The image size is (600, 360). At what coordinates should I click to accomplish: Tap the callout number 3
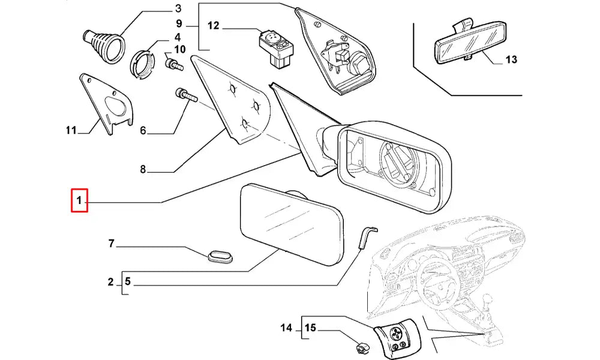(x=178, y=8)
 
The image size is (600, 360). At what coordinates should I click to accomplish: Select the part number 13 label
(x=511, y=60)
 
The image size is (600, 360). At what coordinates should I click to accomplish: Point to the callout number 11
(x=71, y=130)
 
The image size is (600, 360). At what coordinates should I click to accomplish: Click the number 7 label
(x=111, y=244)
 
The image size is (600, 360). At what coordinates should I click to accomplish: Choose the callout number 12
(x=214, y=26)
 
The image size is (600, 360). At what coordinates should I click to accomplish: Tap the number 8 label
(x=143, y=169)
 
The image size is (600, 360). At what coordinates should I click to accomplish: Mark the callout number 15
(x=310, y=328)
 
